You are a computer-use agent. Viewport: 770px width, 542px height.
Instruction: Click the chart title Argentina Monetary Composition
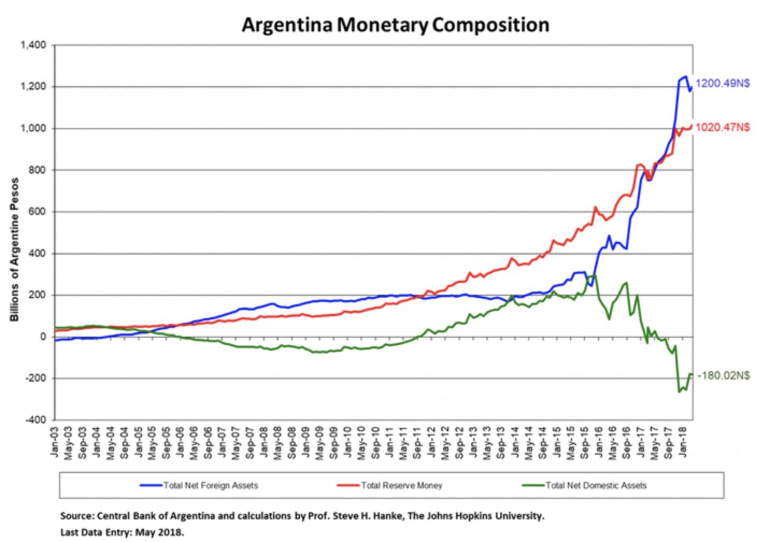pyautogui.click(x=395, y=25)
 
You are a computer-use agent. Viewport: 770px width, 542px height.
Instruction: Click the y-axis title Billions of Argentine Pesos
pyautogui.click(x=15, y=249)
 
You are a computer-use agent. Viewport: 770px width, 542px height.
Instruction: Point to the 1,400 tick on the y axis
pyautogui.click(x=33, y=45)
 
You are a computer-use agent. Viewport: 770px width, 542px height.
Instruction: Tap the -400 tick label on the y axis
pyautogui.click(x=35, y=420)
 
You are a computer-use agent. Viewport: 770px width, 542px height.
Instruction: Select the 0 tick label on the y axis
pyautogui.click(x=42, y=337)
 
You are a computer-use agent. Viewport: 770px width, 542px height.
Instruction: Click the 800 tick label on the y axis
pyautogui.click(x=37, y=170)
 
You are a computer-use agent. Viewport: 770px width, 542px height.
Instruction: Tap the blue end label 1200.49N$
pyautogui.click(x=722, y=83)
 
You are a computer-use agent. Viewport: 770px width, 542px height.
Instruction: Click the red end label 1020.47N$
pyautogui.click(x=722, y=127)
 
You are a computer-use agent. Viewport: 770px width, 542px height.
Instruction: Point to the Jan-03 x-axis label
pyautogui.click(x=54, y=443)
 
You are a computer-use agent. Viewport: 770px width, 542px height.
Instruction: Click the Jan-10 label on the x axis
pyautogui.click(x=347, y=443)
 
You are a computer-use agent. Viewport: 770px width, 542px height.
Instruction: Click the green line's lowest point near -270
pyautogui.click(x=679, y=392)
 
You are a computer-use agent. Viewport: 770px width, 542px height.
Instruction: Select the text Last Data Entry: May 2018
pyautogui.click(x=122, y=532)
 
